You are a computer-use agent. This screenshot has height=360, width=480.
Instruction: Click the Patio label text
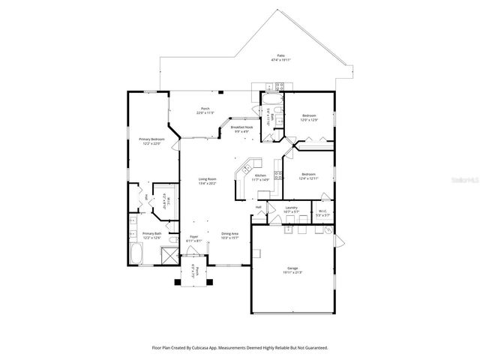pyautogui.click(x=281, y=56)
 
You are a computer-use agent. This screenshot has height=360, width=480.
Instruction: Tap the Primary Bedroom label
pyautogui.click(x=151, y=139)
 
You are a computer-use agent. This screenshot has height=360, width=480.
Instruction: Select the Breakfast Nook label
pyautogui.click(x=241, y=128)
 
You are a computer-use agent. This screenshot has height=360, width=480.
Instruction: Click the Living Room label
pyautogui.click(x=207, y=178)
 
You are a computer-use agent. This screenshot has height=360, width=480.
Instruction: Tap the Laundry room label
pyautogui.click(x=292, y=208)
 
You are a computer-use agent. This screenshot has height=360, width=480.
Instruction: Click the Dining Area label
pyautogui.click(x=230, y=234)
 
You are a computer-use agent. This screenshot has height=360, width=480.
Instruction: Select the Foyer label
pyautogui.click(x=193, y=237)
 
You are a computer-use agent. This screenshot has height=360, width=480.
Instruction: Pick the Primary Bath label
pyautogui.click(x=152, y=233)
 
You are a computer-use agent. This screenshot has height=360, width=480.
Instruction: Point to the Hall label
pyautogui.click(x=258, y=207)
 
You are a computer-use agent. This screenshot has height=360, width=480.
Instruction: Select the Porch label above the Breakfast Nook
pyautogui.click(x=204, y=109)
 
